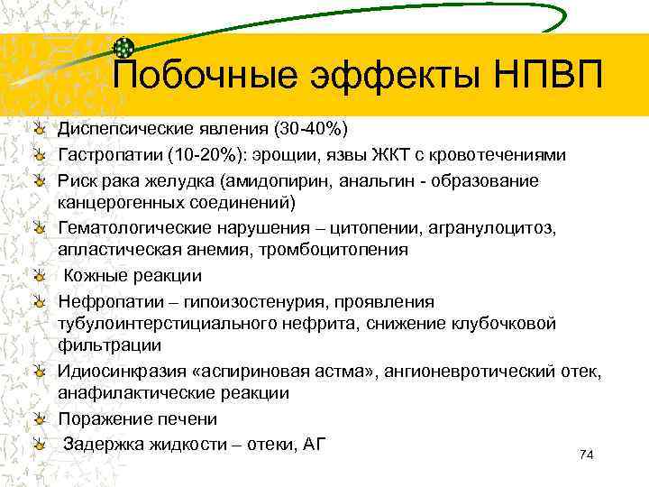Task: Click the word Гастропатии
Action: [107, 155]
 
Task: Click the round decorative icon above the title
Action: [126, 46]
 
